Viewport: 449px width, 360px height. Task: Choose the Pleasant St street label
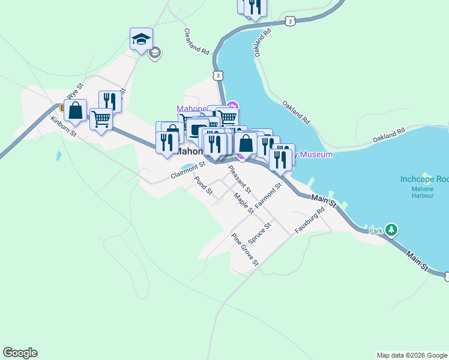[240, 178]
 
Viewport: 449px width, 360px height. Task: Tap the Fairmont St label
[268, 196]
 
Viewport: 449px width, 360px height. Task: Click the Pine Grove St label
[245, 249]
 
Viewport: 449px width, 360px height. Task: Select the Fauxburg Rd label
[310, 220]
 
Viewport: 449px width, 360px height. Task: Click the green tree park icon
[391, 229]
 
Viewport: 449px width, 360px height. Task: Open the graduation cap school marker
[141, 39]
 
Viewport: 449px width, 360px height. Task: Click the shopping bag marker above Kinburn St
[75, 111]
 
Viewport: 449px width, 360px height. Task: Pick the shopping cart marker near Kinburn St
[101, 119]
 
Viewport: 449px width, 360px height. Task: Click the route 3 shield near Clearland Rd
[217, 75]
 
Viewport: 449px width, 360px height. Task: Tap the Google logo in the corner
[20, 353]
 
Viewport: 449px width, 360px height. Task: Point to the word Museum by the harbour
[316, 154]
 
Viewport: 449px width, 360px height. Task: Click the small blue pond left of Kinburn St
[58, 156]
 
